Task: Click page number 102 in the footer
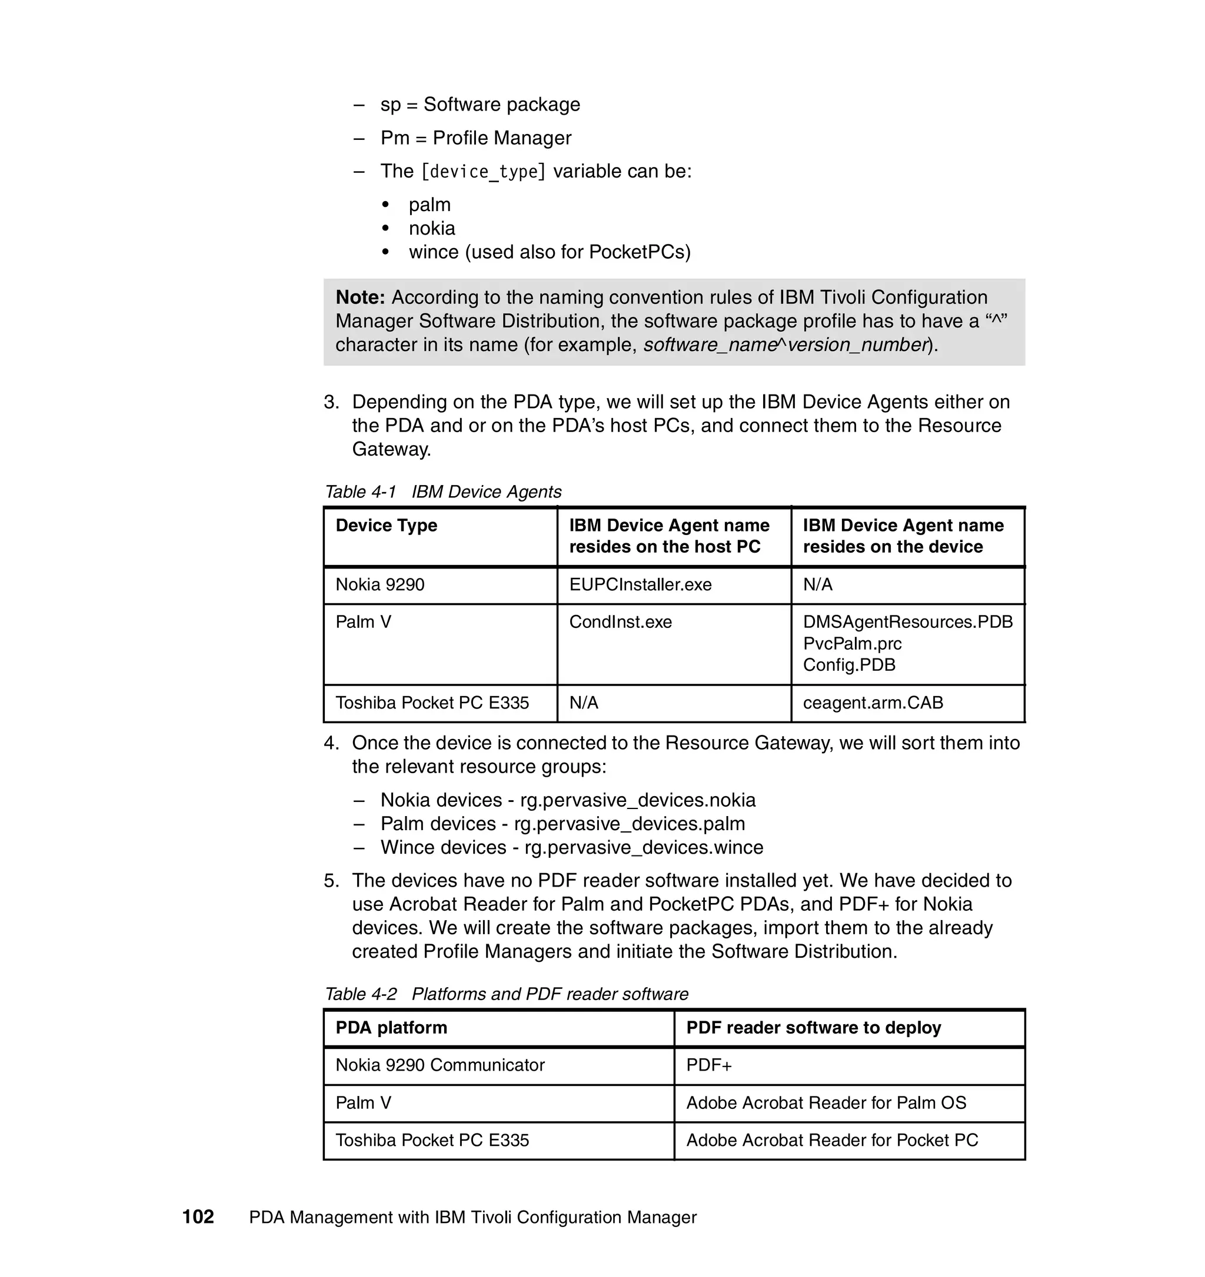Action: [x=198, y=1216]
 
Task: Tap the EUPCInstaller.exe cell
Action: [x=640, y=584]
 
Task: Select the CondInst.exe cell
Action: [x=620, y=622]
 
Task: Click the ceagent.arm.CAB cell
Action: [x=873, y=702]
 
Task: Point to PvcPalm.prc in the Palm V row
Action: [x=852, y=644]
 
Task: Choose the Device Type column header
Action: [x=386, y=526]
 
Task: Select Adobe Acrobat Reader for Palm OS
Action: [x=826, y=1102]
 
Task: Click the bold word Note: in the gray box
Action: [x=360, y=297]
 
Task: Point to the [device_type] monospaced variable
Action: [x=482, y=172]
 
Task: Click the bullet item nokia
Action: [x=432, y=228]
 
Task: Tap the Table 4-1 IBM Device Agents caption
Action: [x=443, y=492]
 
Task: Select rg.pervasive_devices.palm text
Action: [x=629, y=824]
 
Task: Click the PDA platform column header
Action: [x=391, y=1027]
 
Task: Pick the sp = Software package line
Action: [x=480, y=104]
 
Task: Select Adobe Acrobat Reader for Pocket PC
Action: [x=831, y=1140]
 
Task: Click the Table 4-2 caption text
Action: [x=506, y=994]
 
